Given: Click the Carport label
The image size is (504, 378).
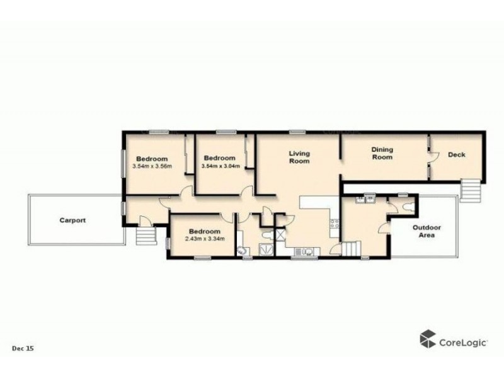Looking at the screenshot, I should pyautogui.click(x=72, y=220).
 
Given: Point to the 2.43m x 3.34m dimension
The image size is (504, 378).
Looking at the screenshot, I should pyautogui.click(x=203, y=239).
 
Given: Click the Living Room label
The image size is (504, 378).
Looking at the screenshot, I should pyautogui.click(x=299, y=157).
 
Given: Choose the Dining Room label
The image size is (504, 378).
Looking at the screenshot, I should pyautogui.click(x=382, y=153).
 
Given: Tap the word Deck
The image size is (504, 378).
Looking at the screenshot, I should pyautogui.click(x=456, y=155).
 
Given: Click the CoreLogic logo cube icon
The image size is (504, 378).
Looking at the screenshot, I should pyautogui.click(x=428, y=338).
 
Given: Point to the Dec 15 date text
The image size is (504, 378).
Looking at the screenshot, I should pyautogui.click(x=23, y=348).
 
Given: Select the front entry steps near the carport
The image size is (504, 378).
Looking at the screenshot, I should pyautogui.click(x=146, y=236).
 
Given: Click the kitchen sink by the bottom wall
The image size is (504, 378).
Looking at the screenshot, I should pyautogui.click(x=306, y=251).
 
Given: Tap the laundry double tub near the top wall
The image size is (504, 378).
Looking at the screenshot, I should pyautogui.click(x=365, y=200).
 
